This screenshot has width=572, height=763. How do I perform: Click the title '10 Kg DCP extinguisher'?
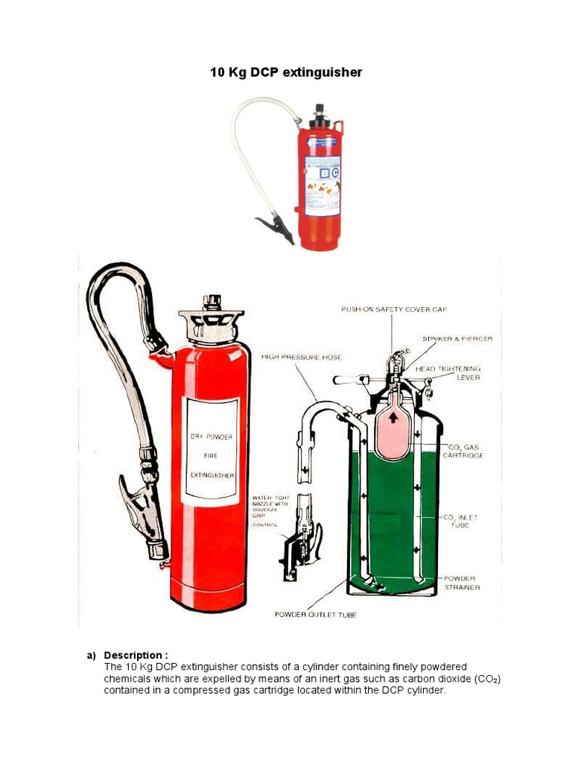pyautogui.click(x=285, y=72)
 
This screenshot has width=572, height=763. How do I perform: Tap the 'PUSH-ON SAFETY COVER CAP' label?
pyautogui.click(x=394, y=308)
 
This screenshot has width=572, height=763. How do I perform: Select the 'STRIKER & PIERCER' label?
pyautogui.click(x=457, y=338)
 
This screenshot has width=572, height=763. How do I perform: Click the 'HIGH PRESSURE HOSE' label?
pyautogui.click(x=301, y=358)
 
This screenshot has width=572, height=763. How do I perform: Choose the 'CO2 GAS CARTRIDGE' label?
pyautogui.click(x=463, y=451)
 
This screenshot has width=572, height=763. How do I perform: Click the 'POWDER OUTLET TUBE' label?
pyautogui.click(x=315, y=615)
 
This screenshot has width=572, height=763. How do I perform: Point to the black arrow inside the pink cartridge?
pyautogui.click(x=393, y=417)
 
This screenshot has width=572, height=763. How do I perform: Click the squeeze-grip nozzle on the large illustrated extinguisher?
pyautogui.click(x=143, y=514)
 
